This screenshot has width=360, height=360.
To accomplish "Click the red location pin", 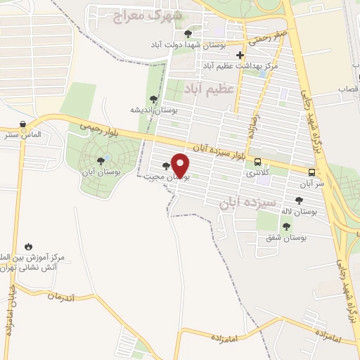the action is tap(181, 165).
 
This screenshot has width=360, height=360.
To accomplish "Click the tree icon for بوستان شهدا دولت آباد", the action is tap(187, 33).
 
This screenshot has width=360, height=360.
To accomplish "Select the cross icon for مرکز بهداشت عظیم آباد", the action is tap(240, 55).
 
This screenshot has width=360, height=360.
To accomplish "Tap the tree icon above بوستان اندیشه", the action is tap(153, 98).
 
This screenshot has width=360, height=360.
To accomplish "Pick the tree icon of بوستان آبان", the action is tap(101, 161).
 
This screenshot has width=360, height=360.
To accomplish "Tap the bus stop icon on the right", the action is tap(311, 172).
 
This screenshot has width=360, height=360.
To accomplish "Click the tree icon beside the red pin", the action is tap(166, 167).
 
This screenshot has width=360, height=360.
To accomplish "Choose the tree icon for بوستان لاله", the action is tap(299, 200).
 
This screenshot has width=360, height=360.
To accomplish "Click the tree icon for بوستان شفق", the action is tap(285, 226).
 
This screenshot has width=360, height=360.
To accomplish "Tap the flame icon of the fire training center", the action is tap(29, 246).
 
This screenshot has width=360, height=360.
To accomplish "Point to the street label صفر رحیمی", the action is tap(271, 35).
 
